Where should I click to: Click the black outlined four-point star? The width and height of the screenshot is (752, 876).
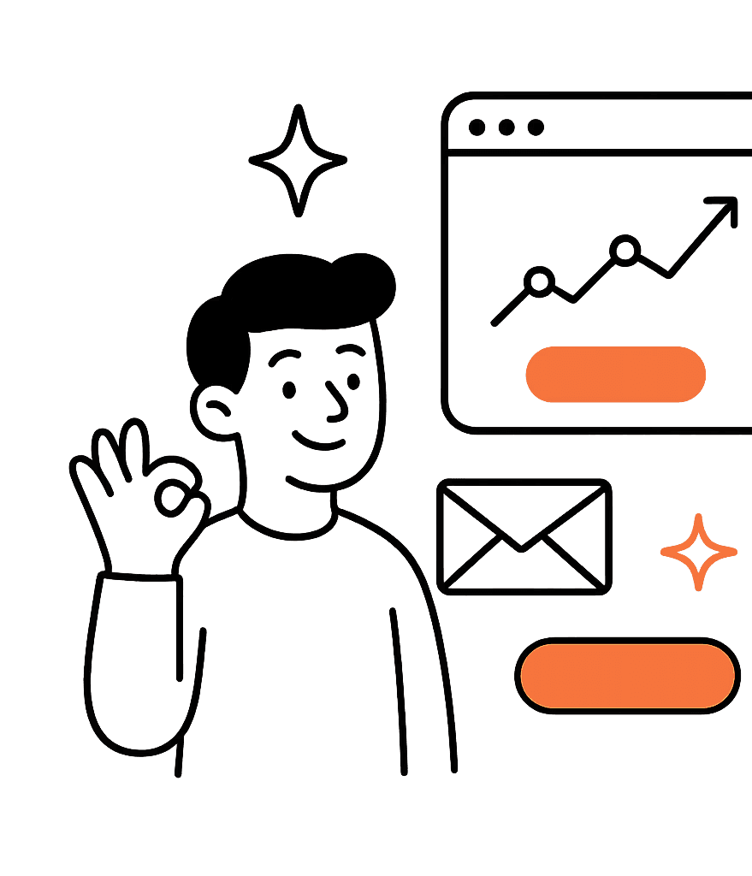click(298, 160)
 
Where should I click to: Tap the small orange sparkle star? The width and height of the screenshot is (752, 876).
click(698, 552)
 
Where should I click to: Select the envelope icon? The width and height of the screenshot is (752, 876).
click(524, 536)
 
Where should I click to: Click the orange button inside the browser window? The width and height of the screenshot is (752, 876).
click(615, 375)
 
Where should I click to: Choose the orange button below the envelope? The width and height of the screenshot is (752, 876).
click(627, 676)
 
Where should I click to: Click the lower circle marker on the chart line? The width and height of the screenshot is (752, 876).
click(540, 281)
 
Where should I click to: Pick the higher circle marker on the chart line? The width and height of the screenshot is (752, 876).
click(626, 249)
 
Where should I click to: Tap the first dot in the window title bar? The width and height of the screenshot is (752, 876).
click(477, 127)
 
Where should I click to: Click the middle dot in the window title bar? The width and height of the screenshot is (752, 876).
click(506, 127)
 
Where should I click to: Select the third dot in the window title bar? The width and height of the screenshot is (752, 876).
click(536, 127)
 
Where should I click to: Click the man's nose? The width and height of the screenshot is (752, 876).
click(337, 405)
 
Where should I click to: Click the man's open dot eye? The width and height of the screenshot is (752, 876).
click(289, 390)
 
